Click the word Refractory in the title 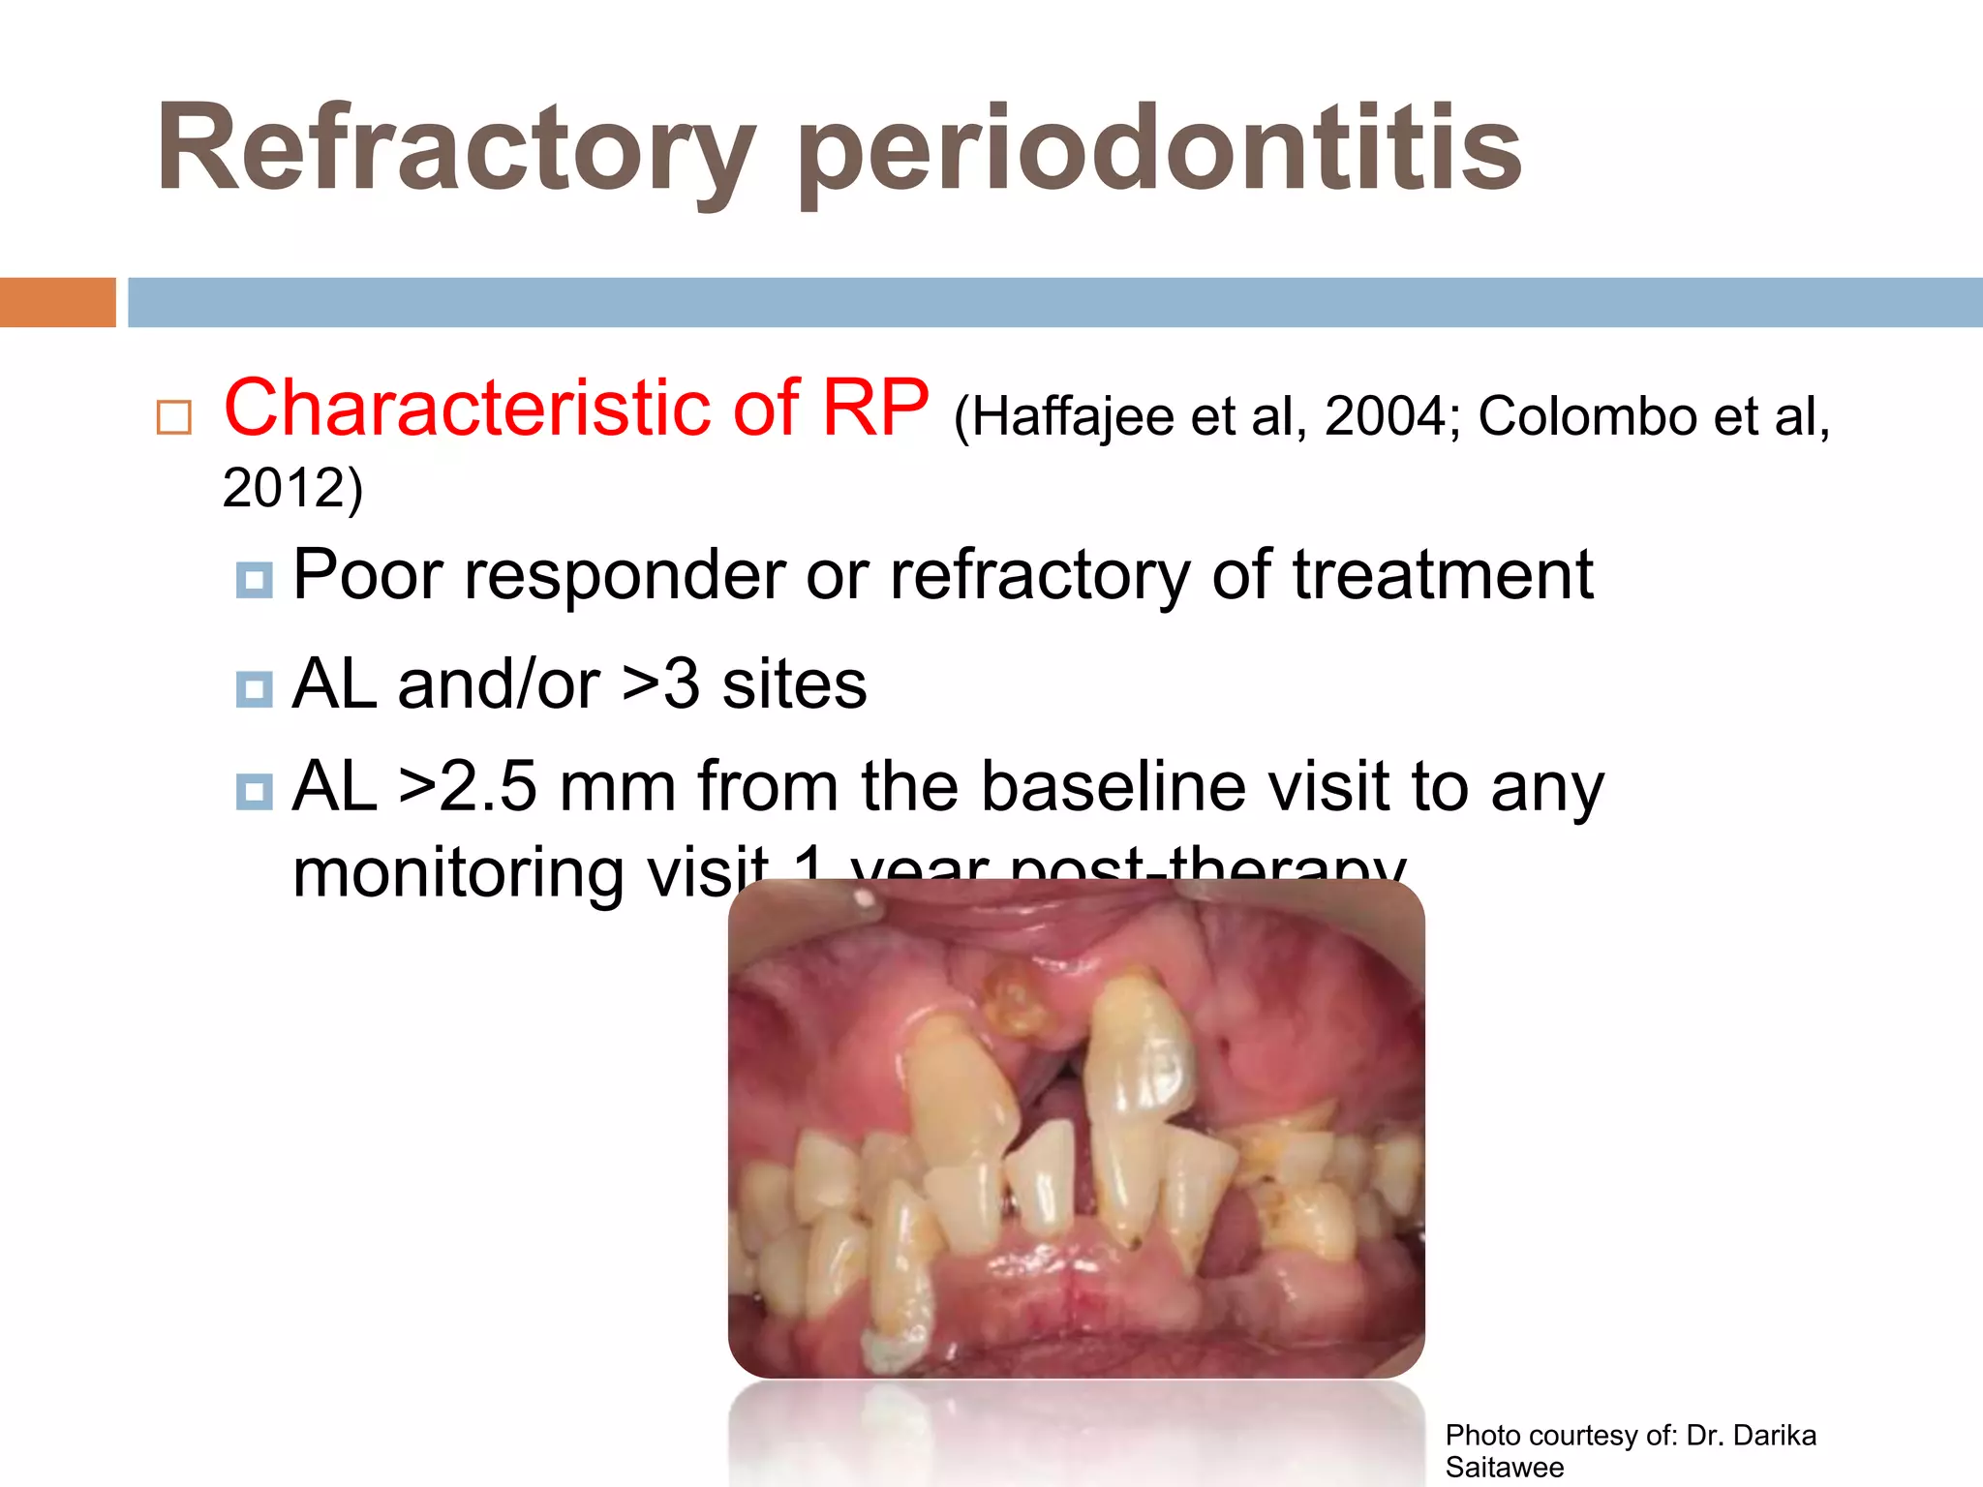point(455,150)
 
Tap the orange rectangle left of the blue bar point(57,302)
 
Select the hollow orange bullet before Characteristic point(174,417)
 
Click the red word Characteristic point(511,409)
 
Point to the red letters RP point(875,409)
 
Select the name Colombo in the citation point(1588,417)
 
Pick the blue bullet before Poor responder point(255,580)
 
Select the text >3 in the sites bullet point(661,684)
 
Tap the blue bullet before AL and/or point(255,689)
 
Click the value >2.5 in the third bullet point(467,787)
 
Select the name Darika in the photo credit point(1774,1435)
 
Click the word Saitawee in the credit point(1504,1468)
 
